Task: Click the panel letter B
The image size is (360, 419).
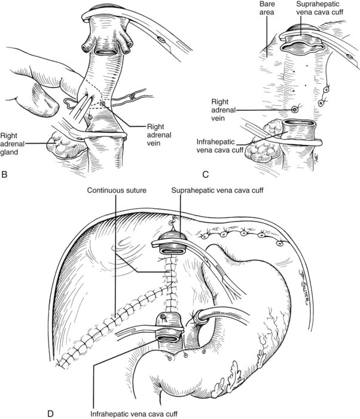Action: pos(4,175)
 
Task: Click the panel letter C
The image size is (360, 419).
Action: pos(205,175)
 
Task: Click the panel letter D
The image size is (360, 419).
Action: pos(50,414)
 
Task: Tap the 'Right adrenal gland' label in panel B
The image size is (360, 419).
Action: pos(10,144)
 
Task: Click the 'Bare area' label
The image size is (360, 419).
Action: pos(266,8)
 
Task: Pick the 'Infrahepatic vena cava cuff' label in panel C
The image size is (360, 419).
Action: pos(219,146)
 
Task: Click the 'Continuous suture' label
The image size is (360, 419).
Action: pos(117,190)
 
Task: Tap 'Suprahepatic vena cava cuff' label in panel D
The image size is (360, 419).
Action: pos(218,190)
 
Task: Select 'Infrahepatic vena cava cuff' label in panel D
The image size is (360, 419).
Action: pos(134,414)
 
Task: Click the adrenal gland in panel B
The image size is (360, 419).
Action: pos(64,144)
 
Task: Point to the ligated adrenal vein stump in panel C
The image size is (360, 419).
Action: pos(295,110)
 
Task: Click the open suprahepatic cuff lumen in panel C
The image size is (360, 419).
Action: pos(302,47)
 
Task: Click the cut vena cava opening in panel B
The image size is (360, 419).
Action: pos(106,51)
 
